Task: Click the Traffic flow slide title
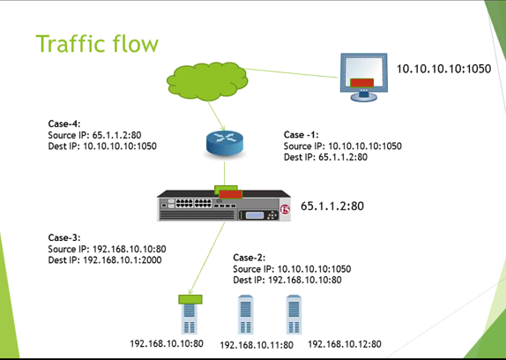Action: coord(96,43)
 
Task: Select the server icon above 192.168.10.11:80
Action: coord(248,311)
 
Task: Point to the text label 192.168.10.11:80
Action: coord(256,345)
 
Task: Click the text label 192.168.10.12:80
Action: coord(345,344)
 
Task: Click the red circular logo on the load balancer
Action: coord(285,210)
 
